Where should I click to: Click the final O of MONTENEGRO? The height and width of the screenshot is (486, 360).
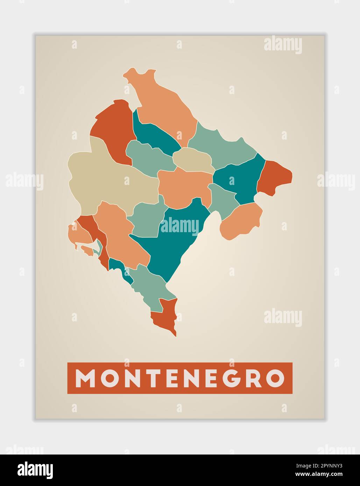pyautogui.click(x=275, y=378)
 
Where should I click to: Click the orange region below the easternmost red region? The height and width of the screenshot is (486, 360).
pyautogui.click(x=241, y=220)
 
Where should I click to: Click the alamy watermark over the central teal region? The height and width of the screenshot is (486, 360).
pyautogui.click(x=179, y=226)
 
